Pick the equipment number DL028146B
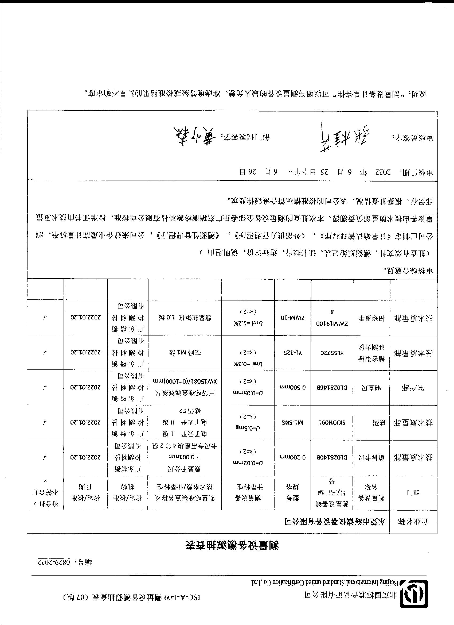click(332, 387)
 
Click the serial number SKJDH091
click(332, 422)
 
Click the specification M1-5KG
click(293, 422)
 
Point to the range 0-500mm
click(293, 387)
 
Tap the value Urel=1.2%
click(248, 323)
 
